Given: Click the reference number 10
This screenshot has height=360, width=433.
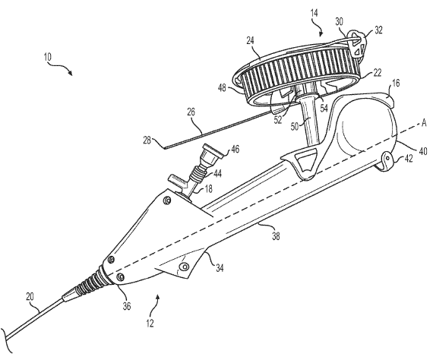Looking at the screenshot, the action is coord(48,57).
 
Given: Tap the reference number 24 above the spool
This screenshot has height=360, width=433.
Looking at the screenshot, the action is coord(251,41).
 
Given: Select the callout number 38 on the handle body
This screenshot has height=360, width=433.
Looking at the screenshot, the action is coord(276,236).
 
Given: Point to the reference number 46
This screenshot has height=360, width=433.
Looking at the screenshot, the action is coord(235,149).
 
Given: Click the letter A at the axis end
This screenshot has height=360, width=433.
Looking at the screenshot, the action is coord(424,123).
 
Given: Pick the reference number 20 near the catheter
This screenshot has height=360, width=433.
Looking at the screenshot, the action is coord(30,297).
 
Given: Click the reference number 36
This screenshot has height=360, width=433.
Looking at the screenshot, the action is coord(126,306).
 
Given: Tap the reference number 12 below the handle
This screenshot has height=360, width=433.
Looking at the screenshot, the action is coord(150,324).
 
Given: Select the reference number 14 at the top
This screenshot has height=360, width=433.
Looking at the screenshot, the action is coord(314,13).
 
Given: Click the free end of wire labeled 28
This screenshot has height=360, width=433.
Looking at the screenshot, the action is coord(165,148).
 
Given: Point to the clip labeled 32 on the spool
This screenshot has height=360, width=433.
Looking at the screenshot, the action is coord(357,44).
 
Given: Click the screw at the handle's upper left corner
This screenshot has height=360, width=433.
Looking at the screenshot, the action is coord(167,200).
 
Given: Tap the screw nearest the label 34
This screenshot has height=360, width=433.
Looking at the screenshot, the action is coord(184,266).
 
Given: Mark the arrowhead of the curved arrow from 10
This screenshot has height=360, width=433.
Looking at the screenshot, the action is coord(71,73).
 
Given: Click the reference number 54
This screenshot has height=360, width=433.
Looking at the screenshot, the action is coord(324,108).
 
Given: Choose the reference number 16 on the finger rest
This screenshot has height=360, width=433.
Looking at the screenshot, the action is coord(396,83).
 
